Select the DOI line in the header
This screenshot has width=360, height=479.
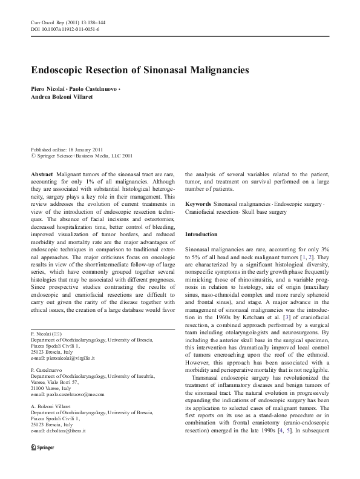click(65, 28)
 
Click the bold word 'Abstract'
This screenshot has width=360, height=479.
click(42, 173)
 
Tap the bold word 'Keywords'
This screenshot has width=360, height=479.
click(198, 204)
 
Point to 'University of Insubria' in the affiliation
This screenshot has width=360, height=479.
click(133, 376)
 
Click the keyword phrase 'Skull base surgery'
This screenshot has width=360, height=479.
click(272, 212)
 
